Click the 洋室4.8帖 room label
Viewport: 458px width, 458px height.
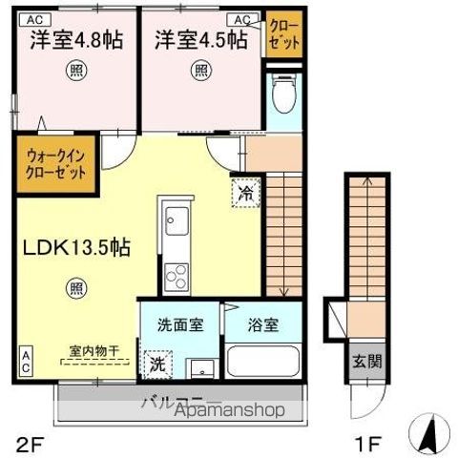pyautogui.click(x=75, y=40)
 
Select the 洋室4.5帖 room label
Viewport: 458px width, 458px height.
pyautogui.click(x=199, y=40)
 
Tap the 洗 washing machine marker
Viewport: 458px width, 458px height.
pyautogui.click(x=156, y=363)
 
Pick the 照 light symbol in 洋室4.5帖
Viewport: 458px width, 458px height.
pyautogui.click(x=200, y=70)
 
